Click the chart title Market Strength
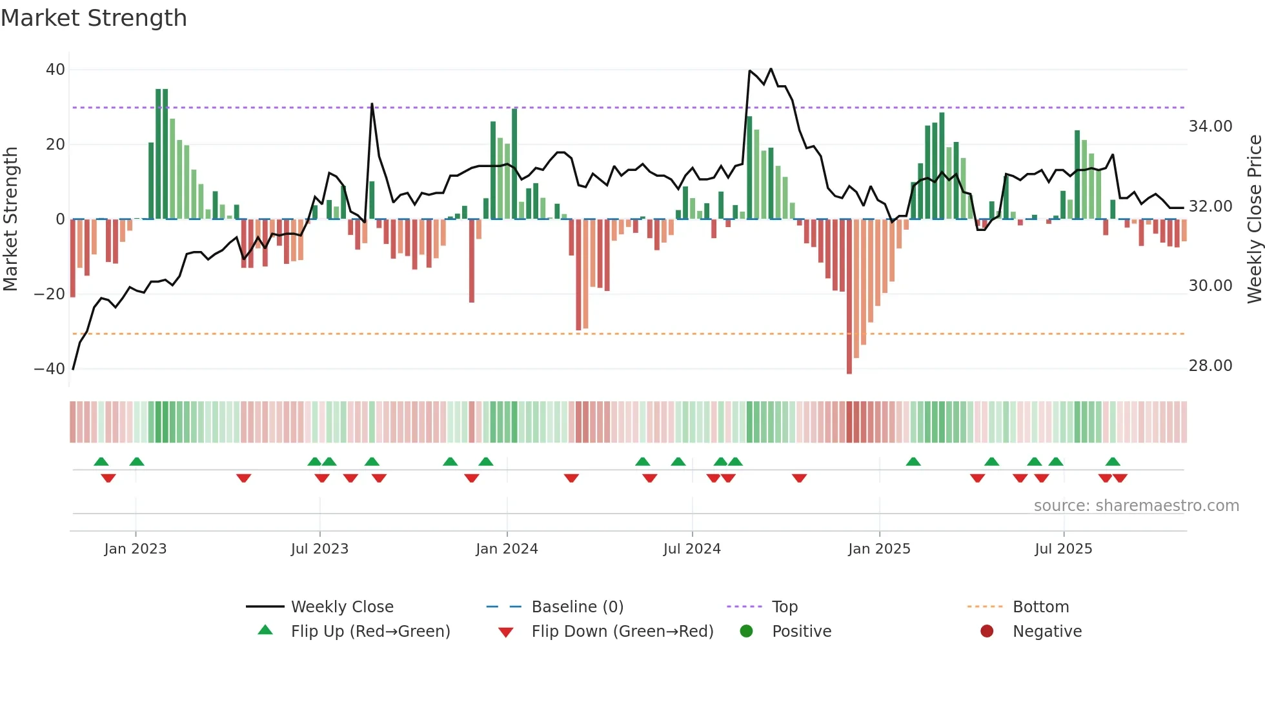(94, 18)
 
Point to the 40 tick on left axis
(56, 70)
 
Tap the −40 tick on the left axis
(50, 369)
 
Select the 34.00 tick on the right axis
(1210, 126)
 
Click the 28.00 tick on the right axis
(1210, 366)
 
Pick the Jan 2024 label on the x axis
(507, 549)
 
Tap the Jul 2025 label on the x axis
(1063, 549)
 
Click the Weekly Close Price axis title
(1254, 219)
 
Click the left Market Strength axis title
(10, 219)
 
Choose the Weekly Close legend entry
(341, 607)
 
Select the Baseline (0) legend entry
(577, 607)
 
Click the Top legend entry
(784, 607)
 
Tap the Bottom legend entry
(1040, 607)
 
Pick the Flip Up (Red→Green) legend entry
(370, 632)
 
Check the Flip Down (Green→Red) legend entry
(622, 632)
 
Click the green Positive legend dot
(746, 632)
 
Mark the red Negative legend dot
(987, 632)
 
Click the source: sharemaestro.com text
(1136, 506)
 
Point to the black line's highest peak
(771, 69)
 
